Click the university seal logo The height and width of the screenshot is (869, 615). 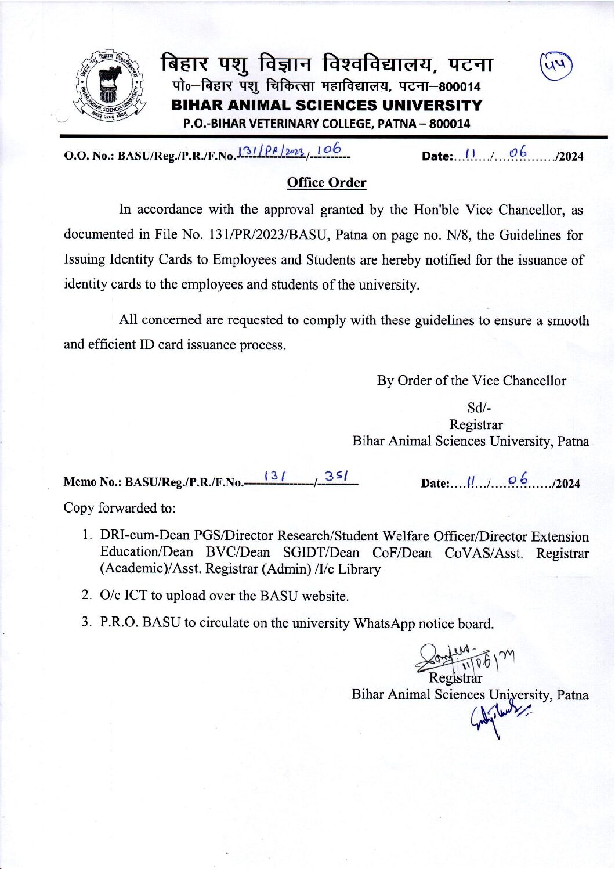(110, 86)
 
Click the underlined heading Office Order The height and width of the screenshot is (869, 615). (327, 183)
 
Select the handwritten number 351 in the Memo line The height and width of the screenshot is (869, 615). (336, 477)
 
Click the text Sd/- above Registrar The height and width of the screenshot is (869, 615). (479, 408)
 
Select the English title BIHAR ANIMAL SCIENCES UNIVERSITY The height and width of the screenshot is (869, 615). (327, 106)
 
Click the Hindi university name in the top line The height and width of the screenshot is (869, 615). (327, 64)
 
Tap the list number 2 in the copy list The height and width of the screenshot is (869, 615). (86, 595)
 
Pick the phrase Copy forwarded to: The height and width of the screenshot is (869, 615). (120, 508)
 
